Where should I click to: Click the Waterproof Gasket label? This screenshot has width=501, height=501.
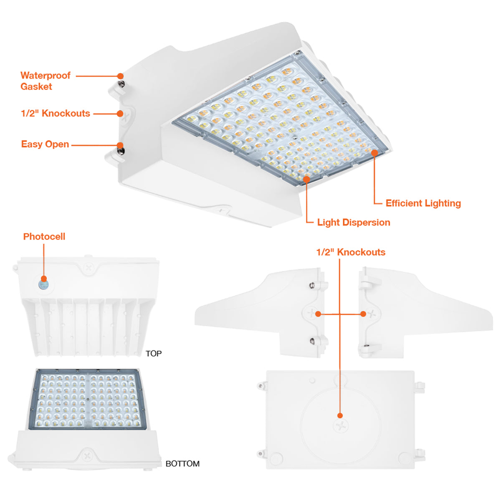[46, 81]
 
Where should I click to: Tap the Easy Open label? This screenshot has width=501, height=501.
[45, 144]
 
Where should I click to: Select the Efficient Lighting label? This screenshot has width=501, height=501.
[423, 203]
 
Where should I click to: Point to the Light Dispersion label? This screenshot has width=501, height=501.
[354, 222]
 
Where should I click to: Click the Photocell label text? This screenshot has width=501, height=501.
[44, 237]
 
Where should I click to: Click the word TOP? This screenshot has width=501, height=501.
[153, 354]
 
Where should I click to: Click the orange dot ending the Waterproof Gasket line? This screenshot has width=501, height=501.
[120, 76]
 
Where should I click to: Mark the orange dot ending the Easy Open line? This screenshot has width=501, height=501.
[120, 145]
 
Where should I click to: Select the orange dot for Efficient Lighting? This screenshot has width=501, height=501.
[374, 153]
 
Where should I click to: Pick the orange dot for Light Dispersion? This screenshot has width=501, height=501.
[307, 179]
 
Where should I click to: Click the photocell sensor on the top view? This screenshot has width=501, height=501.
[44, 284]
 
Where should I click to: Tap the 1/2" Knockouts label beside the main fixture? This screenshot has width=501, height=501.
[56, 114]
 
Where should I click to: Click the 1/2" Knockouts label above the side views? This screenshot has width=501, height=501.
[351, 252]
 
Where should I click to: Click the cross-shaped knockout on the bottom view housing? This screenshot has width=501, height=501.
[87, 456]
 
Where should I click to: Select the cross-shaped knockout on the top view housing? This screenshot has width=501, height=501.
[89, 267]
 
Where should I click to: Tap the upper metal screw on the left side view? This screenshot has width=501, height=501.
[312, 285]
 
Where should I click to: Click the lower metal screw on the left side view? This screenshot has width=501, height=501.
[312, 341]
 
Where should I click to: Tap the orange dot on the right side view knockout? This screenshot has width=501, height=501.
[363, 314]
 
